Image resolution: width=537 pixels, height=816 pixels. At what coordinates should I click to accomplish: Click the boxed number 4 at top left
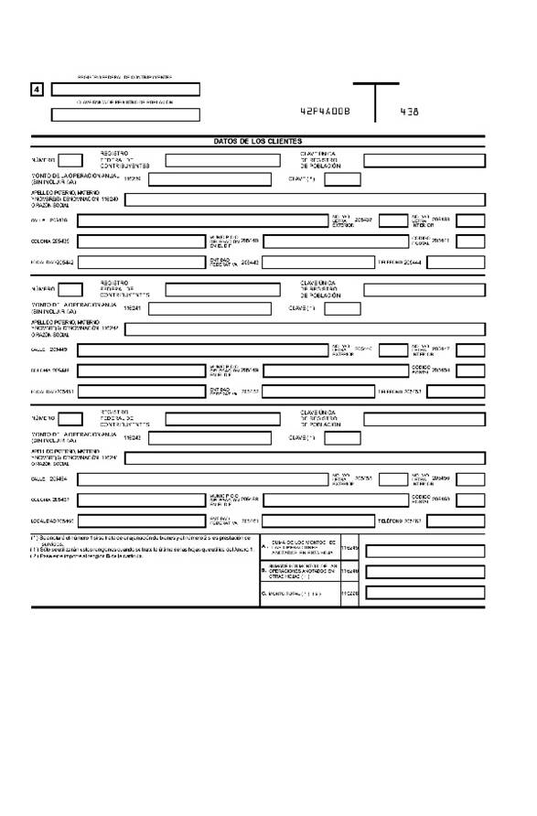click(37, 90)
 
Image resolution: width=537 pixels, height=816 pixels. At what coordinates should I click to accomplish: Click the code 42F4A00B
click(325, 112)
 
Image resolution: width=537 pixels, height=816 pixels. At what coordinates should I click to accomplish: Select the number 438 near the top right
click(410, 112)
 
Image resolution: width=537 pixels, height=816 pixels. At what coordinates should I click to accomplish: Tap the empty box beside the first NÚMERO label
click(71, 160)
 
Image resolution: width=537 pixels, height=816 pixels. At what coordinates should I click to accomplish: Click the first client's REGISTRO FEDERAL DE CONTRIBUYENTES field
click(222, 160)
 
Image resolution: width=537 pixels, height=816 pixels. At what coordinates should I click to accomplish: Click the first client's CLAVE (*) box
click(343, 179)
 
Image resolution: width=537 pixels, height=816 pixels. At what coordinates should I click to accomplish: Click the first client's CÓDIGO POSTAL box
click(470, 241)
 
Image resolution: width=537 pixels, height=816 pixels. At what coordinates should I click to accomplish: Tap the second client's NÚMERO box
click(71, 289)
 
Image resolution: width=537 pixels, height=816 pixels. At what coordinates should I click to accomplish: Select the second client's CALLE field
click(202, 349)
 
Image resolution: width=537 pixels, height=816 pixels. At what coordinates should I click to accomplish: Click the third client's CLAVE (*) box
click(343, 437)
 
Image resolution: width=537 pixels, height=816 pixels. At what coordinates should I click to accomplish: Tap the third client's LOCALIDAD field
click(140, 521)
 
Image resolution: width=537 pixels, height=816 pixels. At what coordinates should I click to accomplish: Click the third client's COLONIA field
click(139, 499)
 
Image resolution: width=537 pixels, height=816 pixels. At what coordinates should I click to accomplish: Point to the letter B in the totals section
click(263, 570)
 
